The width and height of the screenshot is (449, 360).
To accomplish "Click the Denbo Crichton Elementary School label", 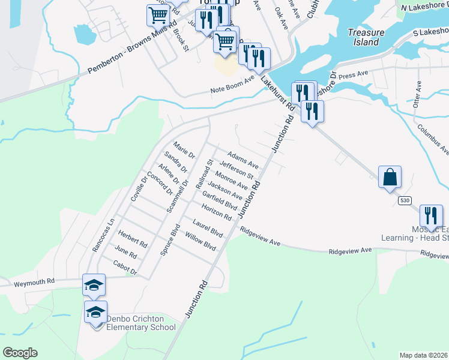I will (141, 323).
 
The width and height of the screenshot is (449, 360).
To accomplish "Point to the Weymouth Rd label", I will (34, 281).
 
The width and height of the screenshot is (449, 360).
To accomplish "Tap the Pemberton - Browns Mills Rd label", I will (133, 50).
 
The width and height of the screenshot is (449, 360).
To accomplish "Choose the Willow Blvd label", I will (200, 241).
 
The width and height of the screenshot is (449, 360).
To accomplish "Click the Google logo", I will (20, 353).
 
